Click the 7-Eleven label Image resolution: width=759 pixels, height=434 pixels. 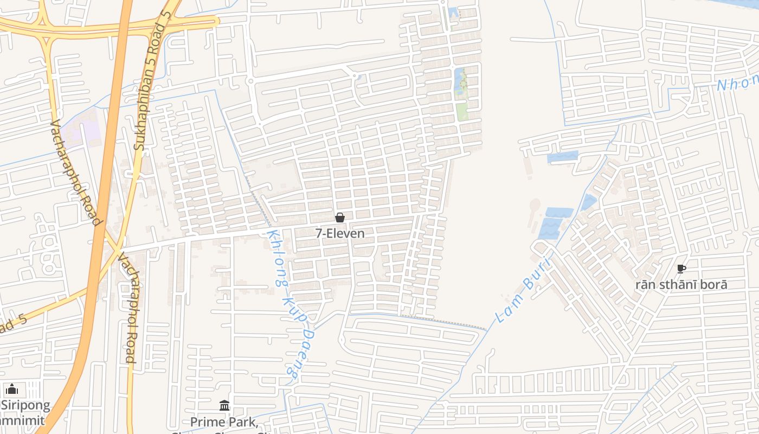click(x=340, y=233)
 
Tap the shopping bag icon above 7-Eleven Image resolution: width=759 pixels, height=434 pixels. click(x=340, y=218)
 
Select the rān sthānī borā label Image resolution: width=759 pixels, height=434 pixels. click(x=681, y=284)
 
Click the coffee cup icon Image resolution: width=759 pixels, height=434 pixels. click(x=681, y=269)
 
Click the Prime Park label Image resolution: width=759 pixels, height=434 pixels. click(x=223, y=422)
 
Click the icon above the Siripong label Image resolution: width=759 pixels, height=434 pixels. click(x=12, y=389)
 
